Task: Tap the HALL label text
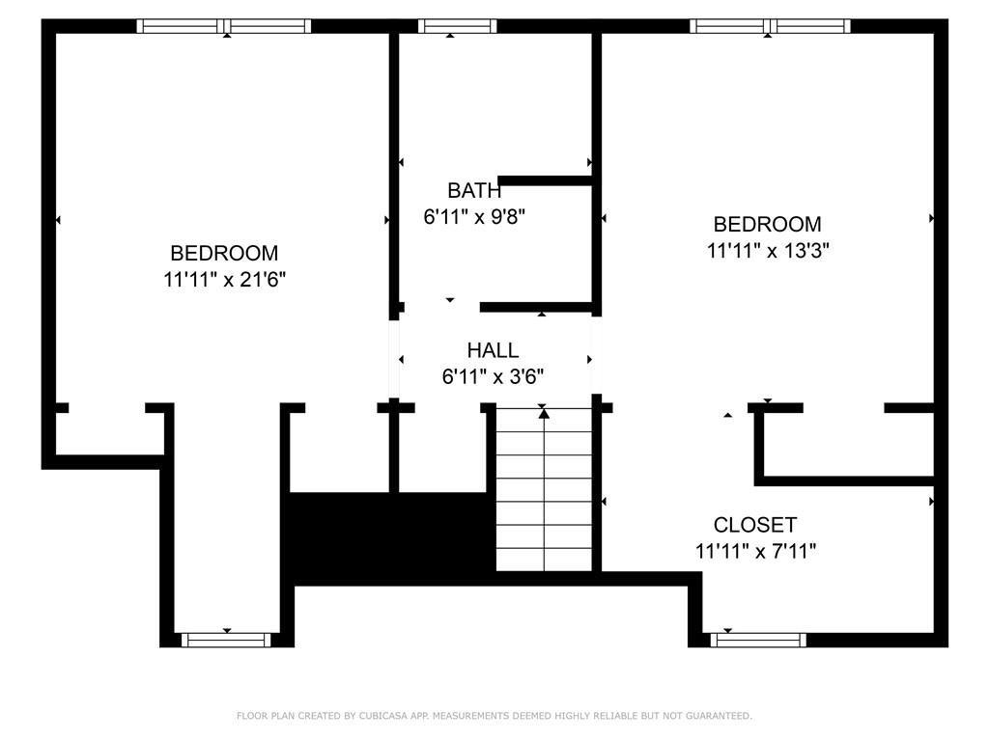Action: tap(493, 349)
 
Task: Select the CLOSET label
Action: tap(755, 524)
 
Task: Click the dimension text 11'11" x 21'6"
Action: tap(224, 279)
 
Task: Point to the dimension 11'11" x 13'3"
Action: tap(768, 251)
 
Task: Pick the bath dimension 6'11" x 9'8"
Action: tap(474, 217)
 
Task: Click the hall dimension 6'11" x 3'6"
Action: tap(493, 377)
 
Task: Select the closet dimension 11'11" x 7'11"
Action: tap(755, 551)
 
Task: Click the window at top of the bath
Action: tap(457, 26)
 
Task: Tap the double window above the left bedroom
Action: tap(224, 26)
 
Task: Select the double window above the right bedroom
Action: tap(770, 26)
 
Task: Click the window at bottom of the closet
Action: tap(758, 641)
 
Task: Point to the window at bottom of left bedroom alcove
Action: tap(226, 641)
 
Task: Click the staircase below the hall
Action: tap(545, 489)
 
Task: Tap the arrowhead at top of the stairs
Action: tap(544, 413)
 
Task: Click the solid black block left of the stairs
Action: tap(388, 538)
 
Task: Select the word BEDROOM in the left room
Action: tap(224, 253)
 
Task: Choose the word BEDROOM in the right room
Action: tap(767, 224)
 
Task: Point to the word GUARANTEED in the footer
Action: tap(719, 716)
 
